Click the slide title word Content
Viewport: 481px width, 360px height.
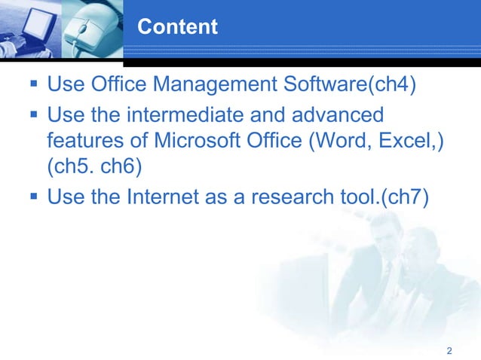point(178,28)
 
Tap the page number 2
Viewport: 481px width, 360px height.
point(449,351)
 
